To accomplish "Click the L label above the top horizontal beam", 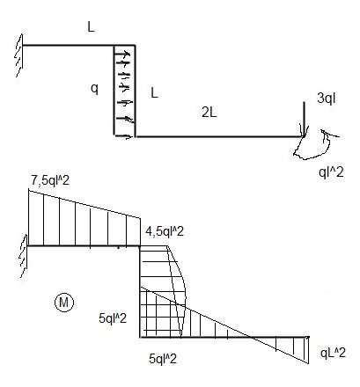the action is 91,27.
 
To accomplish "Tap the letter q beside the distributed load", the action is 94,88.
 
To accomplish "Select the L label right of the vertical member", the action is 154,93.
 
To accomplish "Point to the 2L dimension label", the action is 209,113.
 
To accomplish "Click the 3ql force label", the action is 327,99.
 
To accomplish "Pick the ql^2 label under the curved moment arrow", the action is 331,172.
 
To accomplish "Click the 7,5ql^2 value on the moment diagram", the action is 50,180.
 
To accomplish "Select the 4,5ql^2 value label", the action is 165,231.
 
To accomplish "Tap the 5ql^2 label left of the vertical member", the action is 113,318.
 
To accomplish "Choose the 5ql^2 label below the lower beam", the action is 163,359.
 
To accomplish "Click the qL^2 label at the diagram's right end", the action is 333,353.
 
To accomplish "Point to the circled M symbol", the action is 64,302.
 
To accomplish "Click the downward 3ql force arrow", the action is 304,119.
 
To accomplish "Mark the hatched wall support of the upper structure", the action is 19,55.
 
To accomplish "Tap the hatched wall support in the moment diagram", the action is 24,256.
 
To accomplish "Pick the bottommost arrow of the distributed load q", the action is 123,136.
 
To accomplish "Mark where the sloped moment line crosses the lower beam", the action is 252,338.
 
